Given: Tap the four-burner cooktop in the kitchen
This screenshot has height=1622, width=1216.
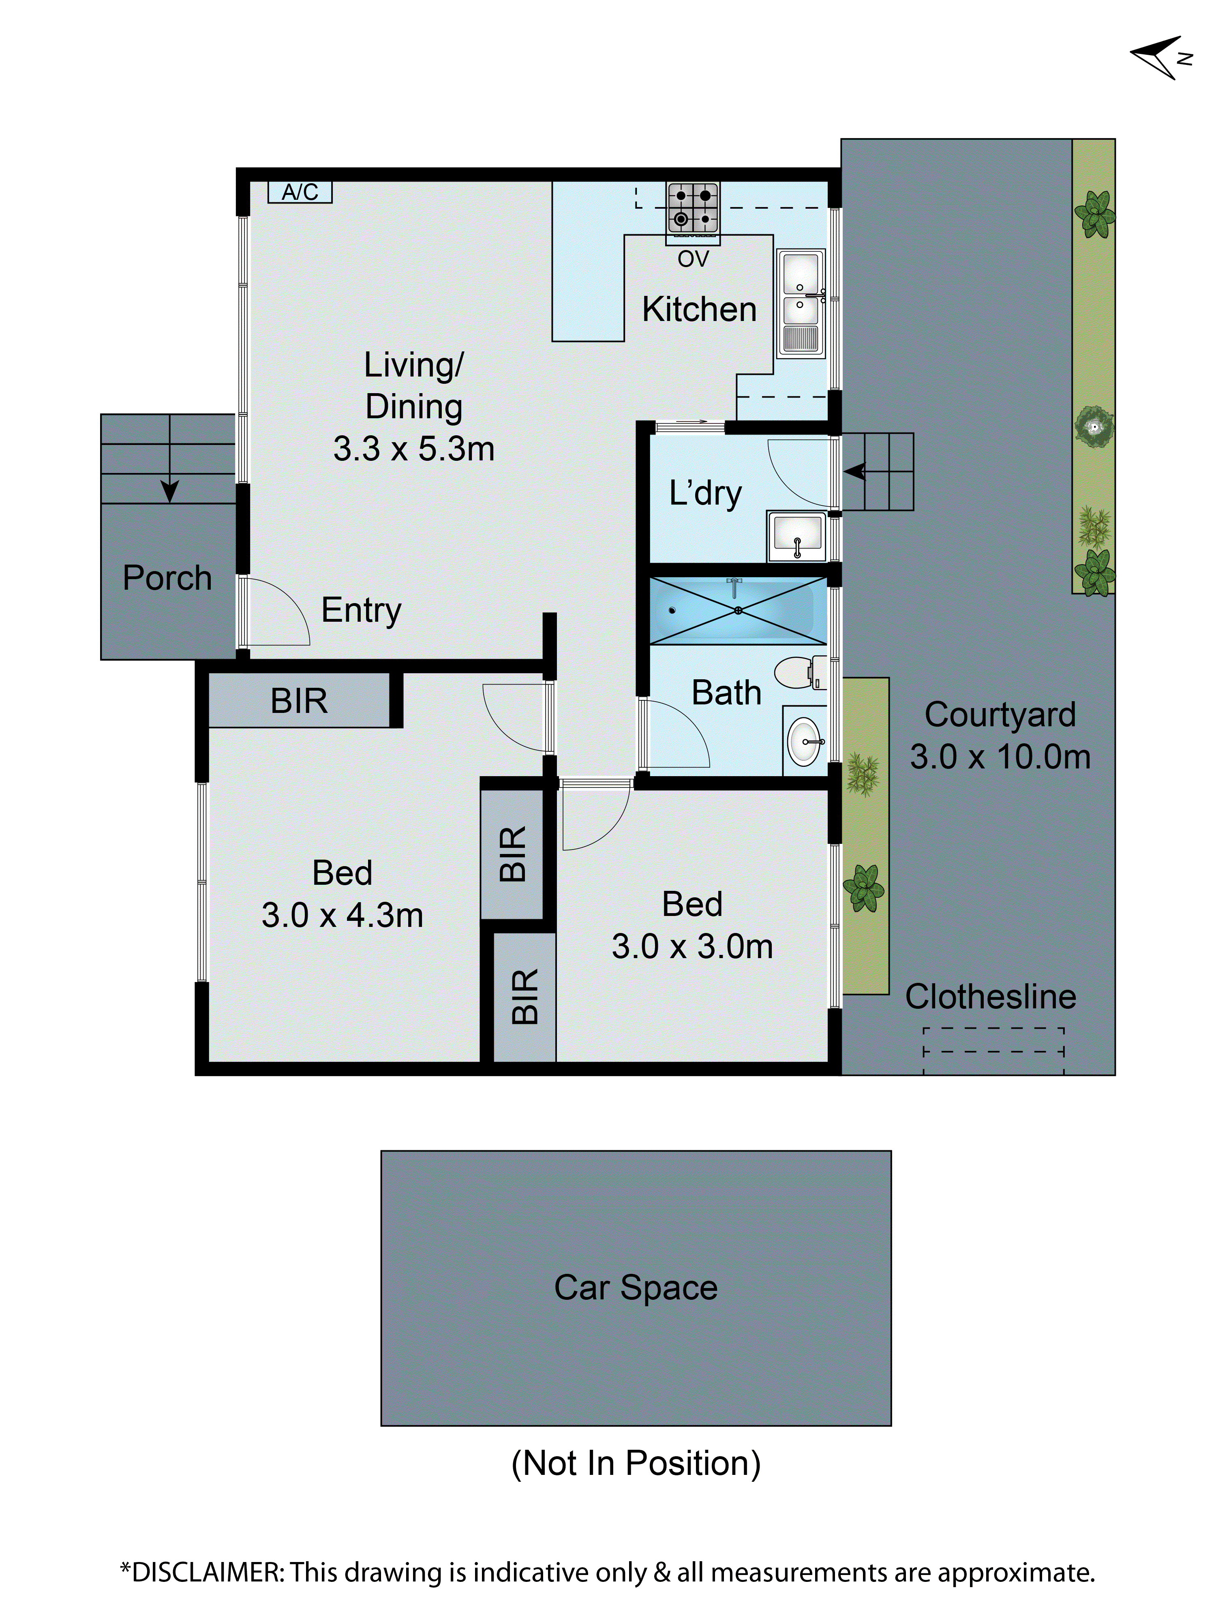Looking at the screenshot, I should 692,207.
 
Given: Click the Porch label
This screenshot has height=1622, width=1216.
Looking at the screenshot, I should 167,578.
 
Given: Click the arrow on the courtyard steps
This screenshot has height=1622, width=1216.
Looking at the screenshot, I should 855,471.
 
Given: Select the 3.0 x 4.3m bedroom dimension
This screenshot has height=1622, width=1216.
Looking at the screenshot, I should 343,915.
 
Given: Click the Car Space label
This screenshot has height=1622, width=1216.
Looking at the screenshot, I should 635,1288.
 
